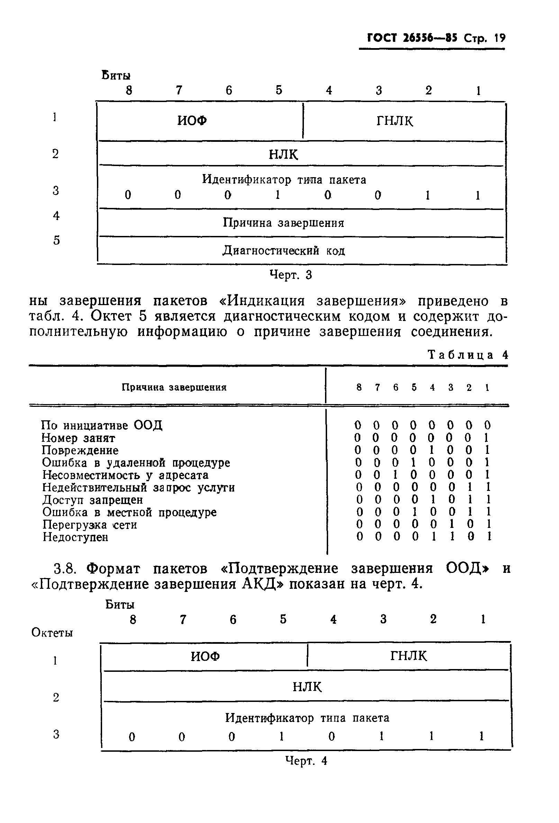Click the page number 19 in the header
[500, 38]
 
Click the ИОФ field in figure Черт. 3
[192, 121]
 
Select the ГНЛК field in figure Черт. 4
[408, 656]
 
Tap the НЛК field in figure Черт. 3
[283, 154]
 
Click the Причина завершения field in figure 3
[283, 223]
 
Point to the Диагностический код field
[283, 251]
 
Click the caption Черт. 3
[290, 275]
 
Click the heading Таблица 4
[468, 355]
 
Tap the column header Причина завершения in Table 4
[174, 387]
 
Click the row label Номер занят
[78, 438]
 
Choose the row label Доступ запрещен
[93, 500]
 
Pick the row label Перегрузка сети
[90, 524]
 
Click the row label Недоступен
[75, 537]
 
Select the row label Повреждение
[80, 450]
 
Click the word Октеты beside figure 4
[52, 632]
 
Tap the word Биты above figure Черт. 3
[116, 75]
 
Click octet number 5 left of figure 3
[56, 240]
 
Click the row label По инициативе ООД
[102, 425]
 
